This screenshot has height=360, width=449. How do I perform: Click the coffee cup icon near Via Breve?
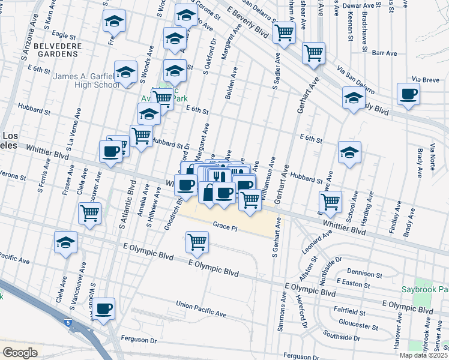click(408, 94)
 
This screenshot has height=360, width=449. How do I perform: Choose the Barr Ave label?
click(385, 53)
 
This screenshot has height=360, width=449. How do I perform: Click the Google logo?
click(20, 353)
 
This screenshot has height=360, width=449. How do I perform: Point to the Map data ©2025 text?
click(423, 355)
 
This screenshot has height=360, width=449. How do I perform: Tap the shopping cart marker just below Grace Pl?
click(197, 242)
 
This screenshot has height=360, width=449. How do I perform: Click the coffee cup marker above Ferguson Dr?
click(104, 308)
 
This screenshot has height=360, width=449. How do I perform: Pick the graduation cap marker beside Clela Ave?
click(65, 242)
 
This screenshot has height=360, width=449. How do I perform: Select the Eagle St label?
click(63, 35)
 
